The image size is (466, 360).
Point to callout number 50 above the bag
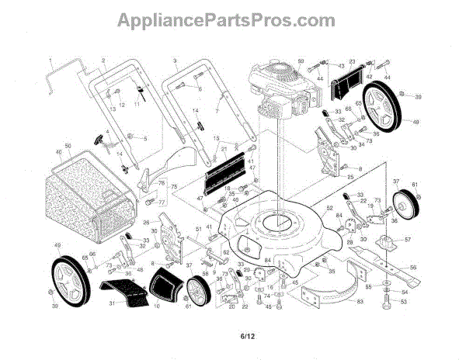[68, 147]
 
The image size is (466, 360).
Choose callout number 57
[406, 241]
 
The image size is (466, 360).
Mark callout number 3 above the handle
[176, 61]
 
